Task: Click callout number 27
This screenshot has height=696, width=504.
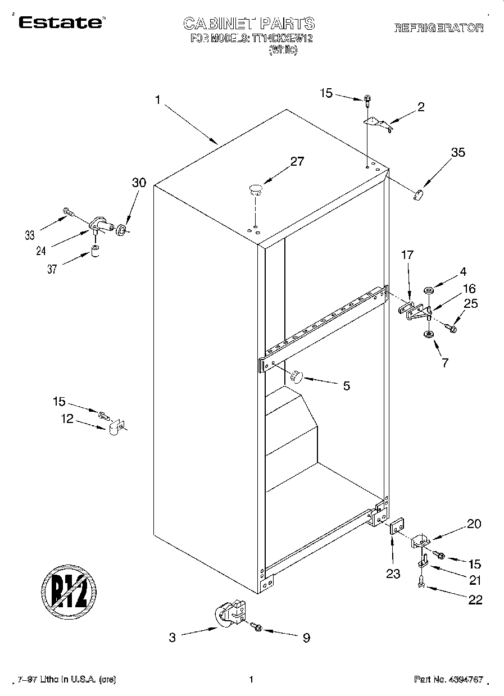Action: coord(297,162)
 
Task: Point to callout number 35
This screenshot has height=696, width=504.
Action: coord(458,152)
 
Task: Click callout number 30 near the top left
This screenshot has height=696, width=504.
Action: coord(139,183)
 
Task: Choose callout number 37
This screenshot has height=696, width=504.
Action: coord(52,269)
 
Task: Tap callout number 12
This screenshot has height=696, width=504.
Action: coord(67,418)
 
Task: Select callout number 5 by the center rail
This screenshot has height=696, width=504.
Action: coord(346,386)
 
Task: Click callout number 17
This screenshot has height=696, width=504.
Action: coord(407,256)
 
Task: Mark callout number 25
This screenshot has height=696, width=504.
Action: coord(471,304)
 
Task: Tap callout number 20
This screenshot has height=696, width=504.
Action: coord(474,524)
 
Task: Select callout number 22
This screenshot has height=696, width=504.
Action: coord(475,599)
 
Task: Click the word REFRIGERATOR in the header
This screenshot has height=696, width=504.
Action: coord(438,28)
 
